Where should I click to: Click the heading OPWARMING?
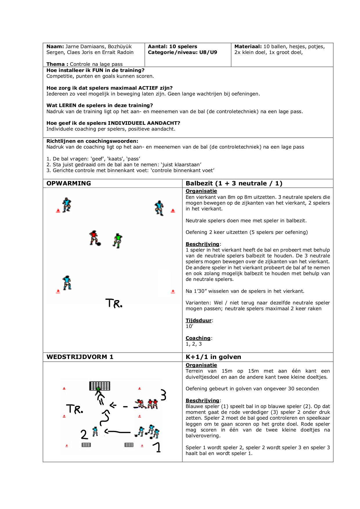click(x=69, y=183)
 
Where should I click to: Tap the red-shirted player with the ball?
click(x=94, y=238)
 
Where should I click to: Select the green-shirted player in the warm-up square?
click(x=117, y=241)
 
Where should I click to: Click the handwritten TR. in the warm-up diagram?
click(x=114, y=303)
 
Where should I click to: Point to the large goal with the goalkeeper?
click(x=100, y=386)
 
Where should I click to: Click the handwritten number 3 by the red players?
click(x=163, y=395)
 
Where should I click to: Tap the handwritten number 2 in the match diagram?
click(x=84, y=434)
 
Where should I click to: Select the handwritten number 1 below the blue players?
click(x=158, y=447)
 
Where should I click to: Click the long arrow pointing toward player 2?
click(x=117, y=432)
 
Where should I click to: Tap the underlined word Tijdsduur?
click(x=199, y=320)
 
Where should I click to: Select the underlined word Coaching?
click(x=198, y=338)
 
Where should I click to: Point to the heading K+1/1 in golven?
click(x=214, y=357)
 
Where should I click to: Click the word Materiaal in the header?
click(x=248, y=46)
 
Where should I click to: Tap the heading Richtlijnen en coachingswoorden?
click(x=92, y=141)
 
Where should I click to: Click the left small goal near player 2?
click(x=86, y=445)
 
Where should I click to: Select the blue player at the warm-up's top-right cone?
click(x=159, y=208)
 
